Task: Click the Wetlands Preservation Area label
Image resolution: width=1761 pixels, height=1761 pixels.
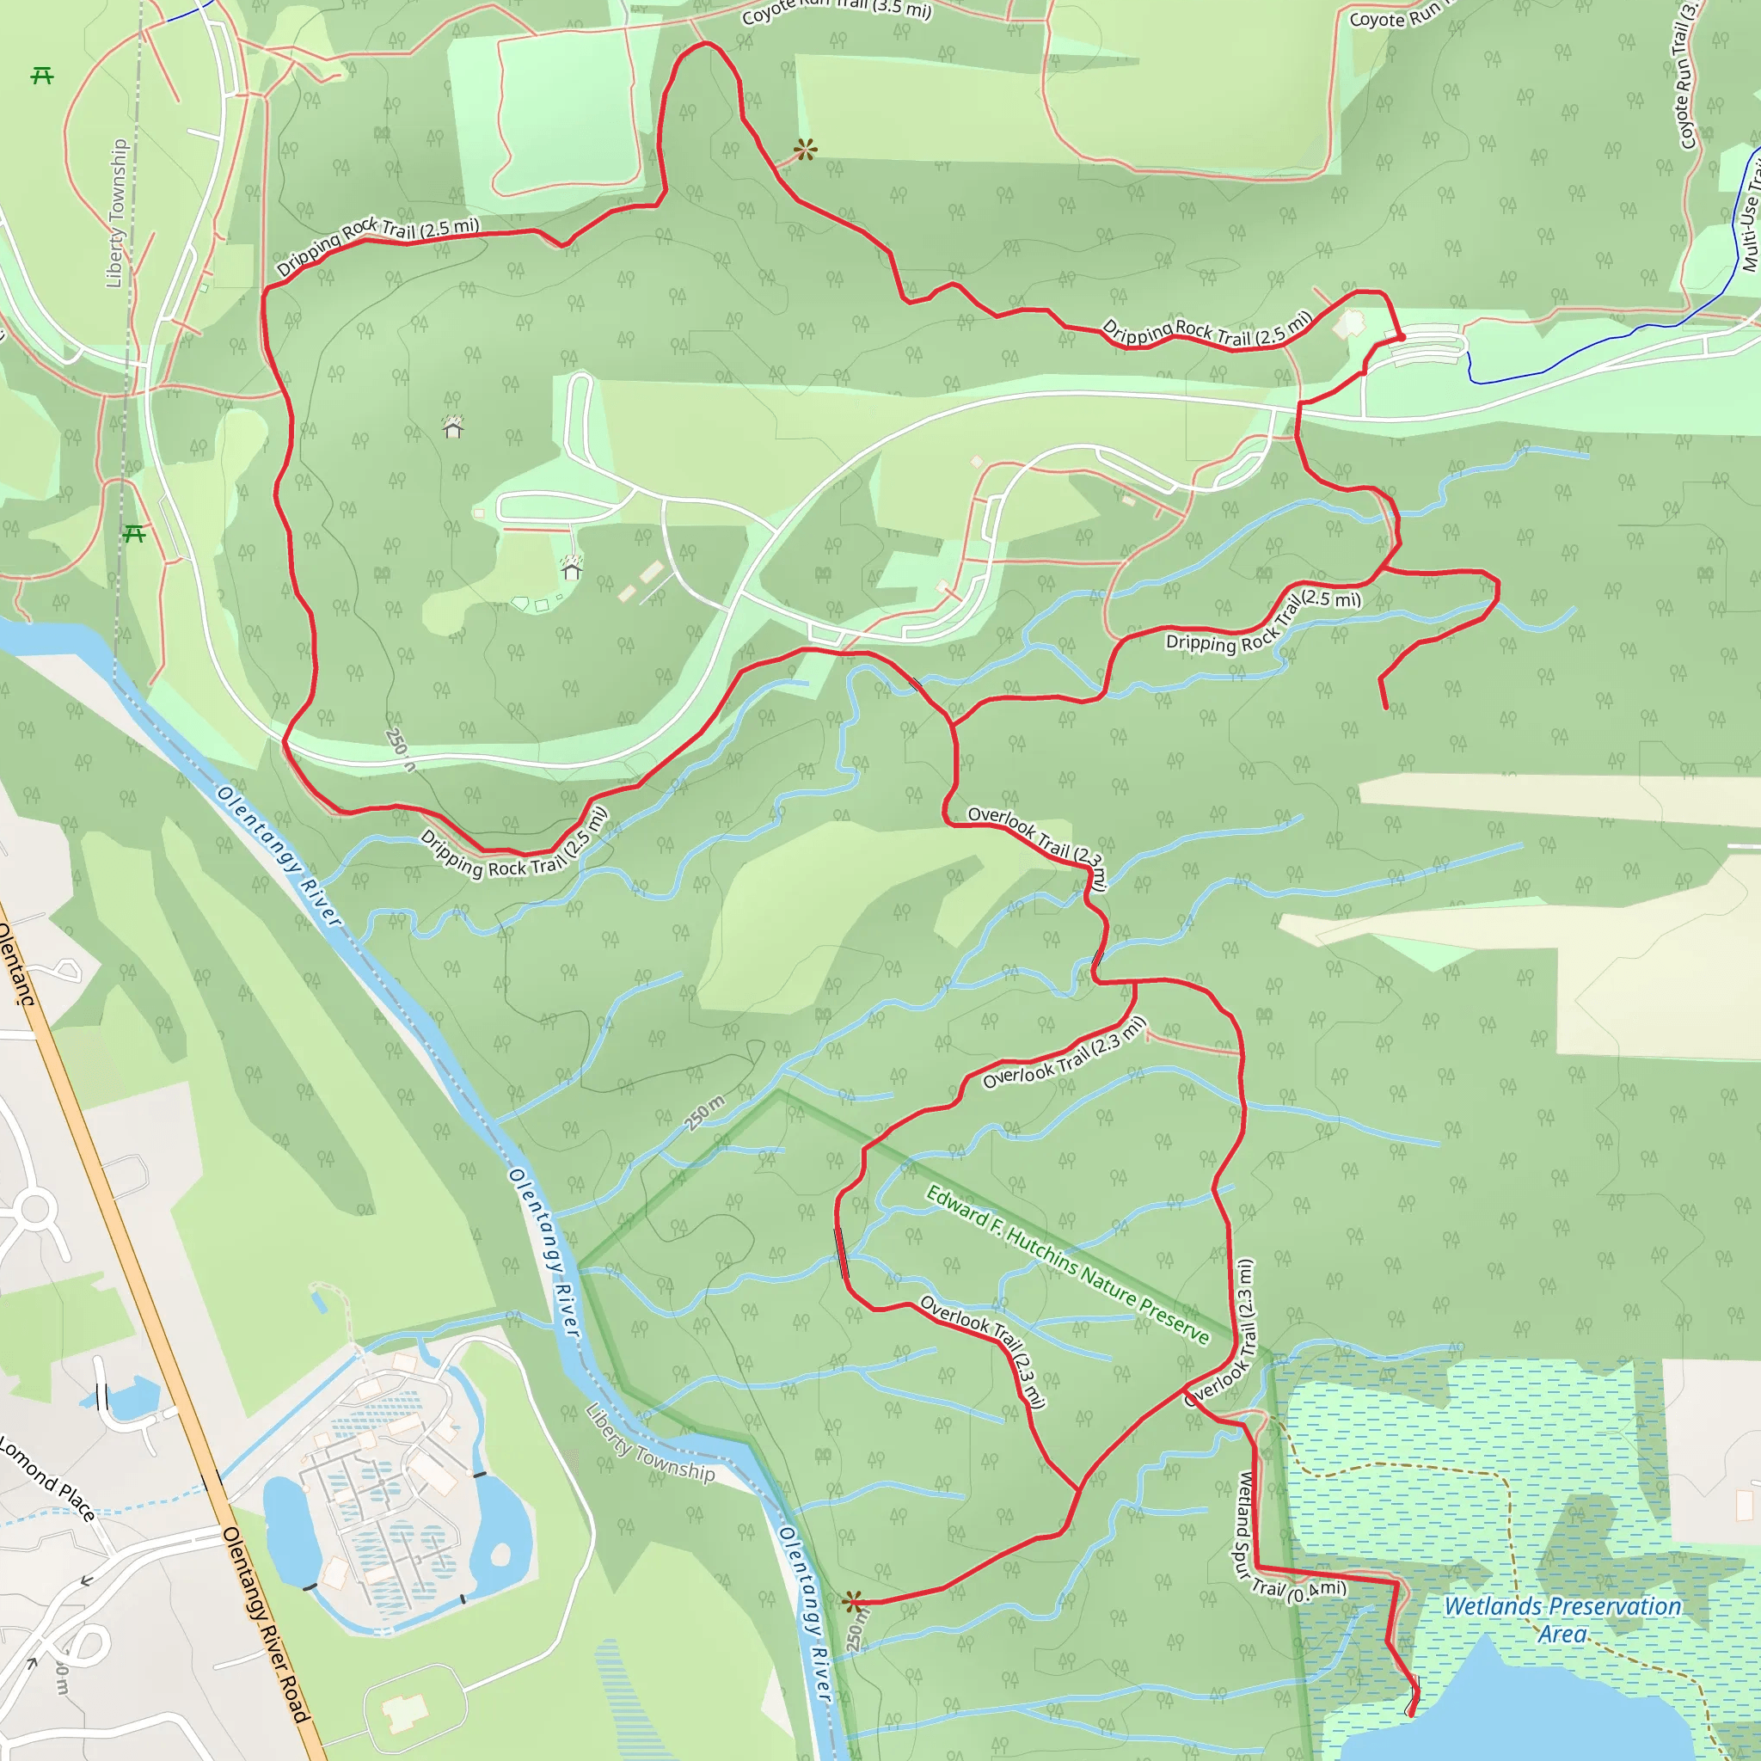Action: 1562,1620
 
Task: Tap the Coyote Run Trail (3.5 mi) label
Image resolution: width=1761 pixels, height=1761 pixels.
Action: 836,11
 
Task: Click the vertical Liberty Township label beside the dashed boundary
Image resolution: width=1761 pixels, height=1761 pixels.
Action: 116,213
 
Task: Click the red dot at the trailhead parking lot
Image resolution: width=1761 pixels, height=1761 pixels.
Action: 1401,337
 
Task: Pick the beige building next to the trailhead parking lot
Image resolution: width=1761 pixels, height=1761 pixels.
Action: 1350,323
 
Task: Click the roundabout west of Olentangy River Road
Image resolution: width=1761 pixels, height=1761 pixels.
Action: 34,1210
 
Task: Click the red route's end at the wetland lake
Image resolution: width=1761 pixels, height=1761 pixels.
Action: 1412,1714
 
